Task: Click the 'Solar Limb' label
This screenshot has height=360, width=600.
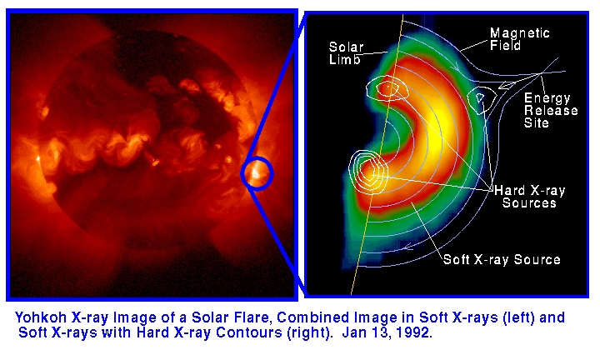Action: (346, 53)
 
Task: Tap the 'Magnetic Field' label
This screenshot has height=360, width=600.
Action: (520, 39)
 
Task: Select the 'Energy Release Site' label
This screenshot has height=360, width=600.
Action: (551, 110)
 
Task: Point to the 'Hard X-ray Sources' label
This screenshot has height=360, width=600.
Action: (530, 197)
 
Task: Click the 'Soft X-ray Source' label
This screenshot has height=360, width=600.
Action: (502, 259)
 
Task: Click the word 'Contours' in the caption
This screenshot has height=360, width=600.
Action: (249, 332)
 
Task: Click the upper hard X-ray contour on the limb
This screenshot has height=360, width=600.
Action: (387, 88)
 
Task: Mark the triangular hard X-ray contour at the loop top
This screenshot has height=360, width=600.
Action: (478, 100)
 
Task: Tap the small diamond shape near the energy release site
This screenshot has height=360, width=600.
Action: (507, 85)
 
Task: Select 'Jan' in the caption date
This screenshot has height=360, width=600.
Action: (354, 332)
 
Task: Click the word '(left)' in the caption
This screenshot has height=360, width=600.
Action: (518, 317)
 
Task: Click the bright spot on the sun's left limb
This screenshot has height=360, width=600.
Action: (38, 158)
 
